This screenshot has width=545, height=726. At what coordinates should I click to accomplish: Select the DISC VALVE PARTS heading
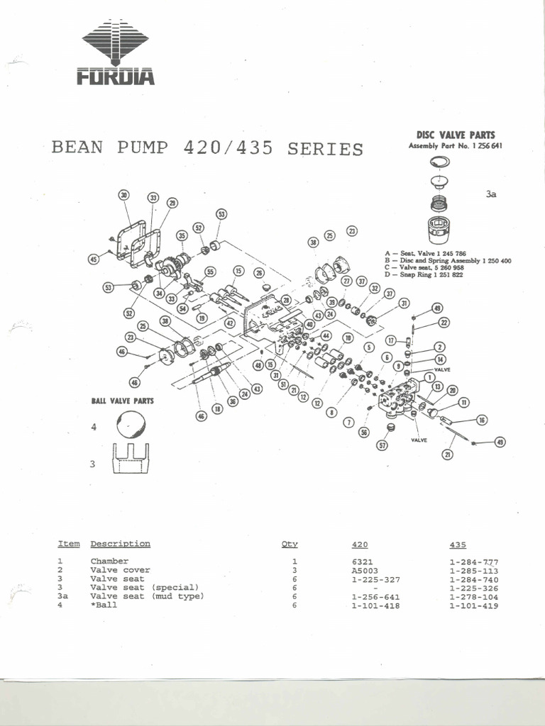pyautogui.click(x=455, y=135)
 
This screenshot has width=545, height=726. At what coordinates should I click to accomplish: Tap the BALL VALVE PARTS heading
pyautogui.click(x=122, y=401)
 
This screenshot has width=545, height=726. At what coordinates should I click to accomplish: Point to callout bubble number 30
pyautogui.click(x=124, y=195)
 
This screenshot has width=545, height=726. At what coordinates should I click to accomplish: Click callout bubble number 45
pyautogui.click(x=93, y=259)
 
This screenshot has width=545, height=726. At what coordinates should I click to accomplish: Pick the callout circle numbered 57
pyautogui.click(x=382, y=445)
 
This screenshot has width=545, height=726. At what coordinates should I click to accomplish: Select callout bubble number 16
pyautogui.click(x=482, y=420)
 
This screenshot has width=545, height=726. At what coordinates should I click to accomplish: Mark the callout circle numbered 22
pyautogui.click(x=444, y=323)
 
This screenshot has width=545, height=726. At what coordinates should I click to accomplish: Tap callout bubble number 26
pyautogui.click(x=259, y=272)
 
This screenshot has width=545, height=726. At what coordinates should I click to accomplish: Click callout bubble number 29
pyautogui.click(x=172, y=203)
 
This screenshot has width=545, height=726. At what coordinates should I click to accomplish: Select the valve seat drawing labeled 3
pyautogui.click(x=131, y=459)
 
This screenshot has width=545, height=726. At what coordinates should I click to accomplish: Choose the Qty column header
pyautogui.click(x=290, y=544)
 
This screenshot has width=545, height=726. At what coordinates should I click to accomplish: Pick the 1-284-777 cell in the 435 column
pyautogui.click(x=468, y=562)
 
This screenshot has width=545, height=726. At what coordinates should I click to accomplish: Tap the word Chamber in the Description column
pyautogui.click(x=109, y=562)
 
